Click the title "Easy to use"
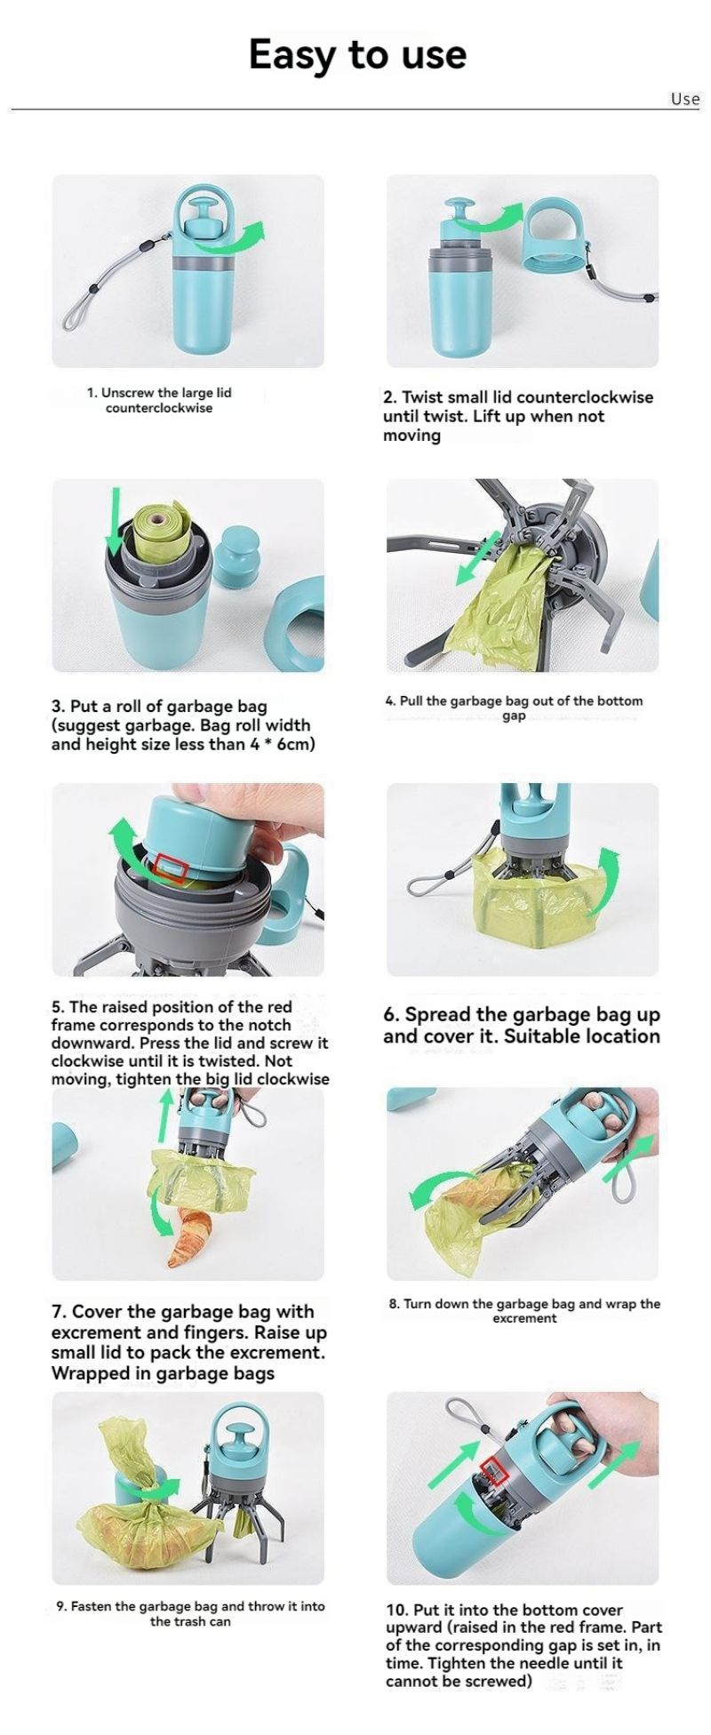coord(357,54)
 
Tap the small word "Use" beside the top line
coord(685,99)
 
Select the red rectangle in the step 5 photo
coord(172,868)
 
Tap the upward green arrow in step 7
coord(164,1116)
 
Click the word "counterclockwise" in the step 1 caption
coord(159,408)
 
